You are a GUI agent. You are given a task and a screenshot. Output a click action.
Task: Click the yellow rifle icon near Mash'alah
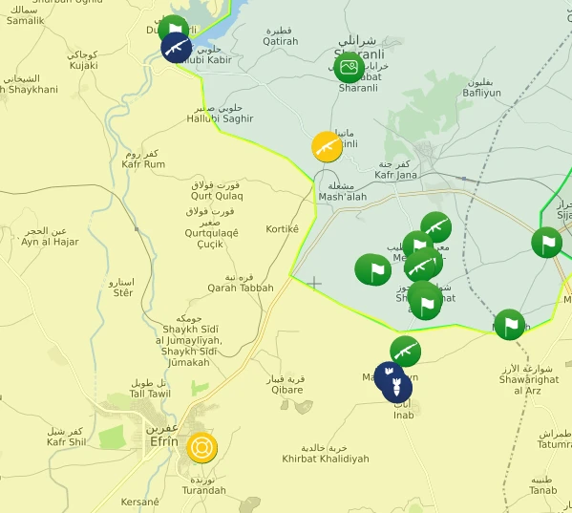click(327, 147)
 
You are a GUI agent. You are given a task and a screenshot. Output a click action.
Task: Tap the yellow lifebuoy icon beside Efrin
click(201, 447)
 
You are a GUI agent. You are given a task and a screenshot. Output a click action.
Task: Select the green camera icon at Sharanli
click(349, 67)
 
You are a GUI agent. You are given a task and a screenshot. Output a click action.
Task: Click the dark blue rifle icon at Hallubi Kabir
click(176, 47)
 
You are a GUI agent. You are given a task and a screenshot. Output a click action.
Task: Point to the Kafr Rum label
click(144, 164)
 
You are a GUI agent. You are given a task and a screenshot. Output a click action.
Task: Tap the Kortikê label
click(283, 229)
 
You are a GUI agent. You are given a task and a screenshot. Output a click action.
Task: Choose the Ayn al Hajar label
click(50, 242)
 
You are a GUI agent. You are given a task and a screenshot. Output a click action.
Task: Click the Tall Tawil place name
click(150, 394)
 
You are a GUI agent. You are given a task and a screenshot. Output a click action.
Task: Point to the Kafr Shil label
click(70, 442)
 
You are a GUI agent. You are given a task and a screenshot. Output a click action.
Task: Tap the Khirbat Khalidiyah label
click(325, 459)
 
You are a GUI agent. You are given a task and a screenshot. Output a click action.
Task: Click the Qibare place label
click(286, 390)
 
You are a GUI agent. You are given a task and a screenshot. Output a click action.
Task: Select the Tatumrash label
click(556, 444)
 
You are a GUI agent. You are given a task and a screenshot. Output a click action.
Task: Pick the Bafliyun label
click(481, 94)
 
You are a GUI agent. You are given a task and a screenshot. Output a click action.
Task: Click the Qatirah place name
click(281, 41)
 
